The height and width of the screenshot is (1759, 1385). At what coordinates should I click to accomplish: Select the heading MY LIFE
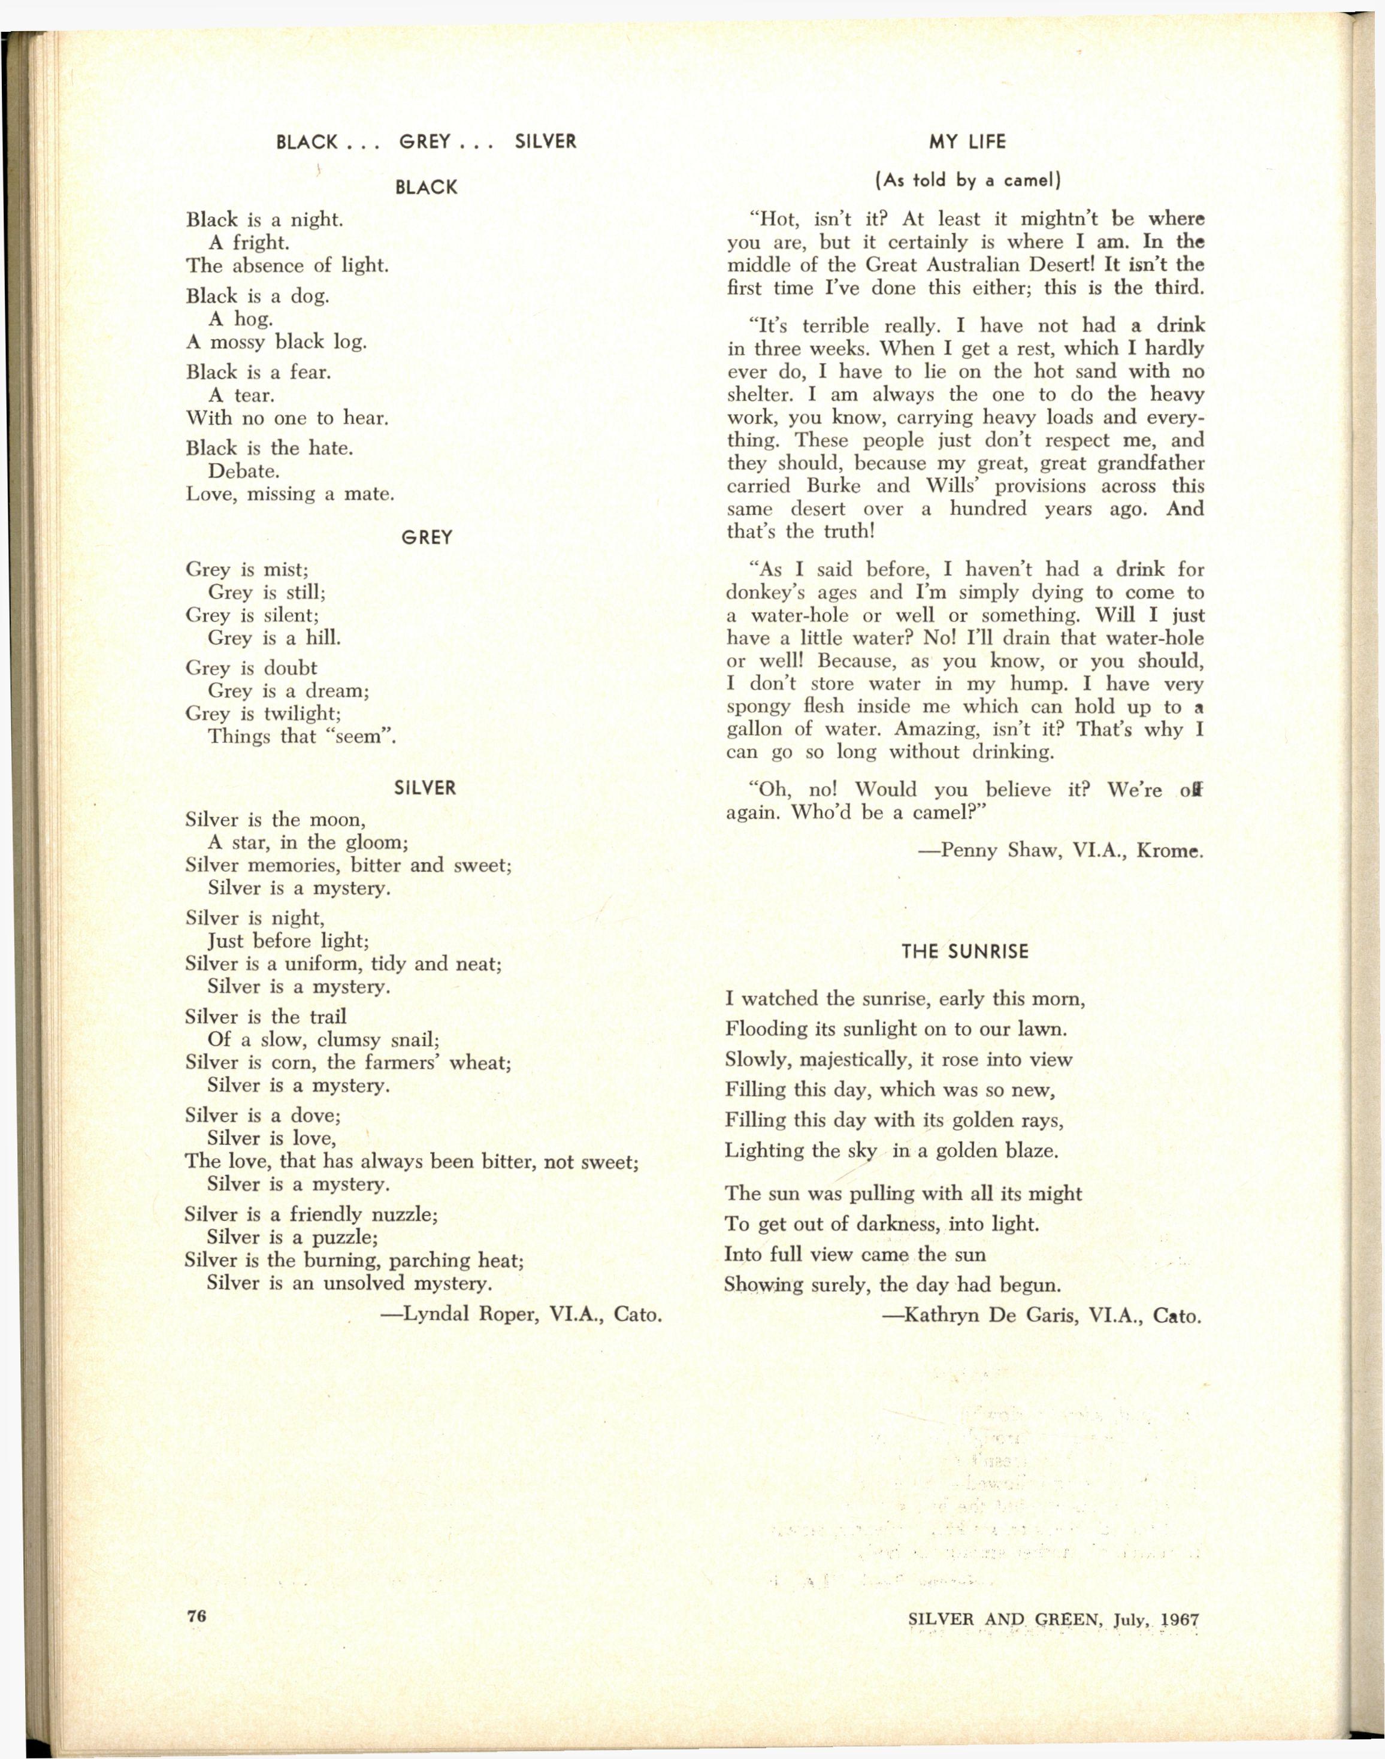967,142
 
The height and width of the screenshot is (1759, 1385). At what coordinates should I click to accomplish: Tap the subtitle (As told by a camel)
967,181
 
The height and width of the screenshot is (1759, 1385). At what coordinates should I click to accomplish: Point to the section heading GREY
427,537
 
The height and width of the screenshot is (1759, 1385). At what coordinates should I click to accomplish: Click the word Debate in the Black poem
243,471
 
